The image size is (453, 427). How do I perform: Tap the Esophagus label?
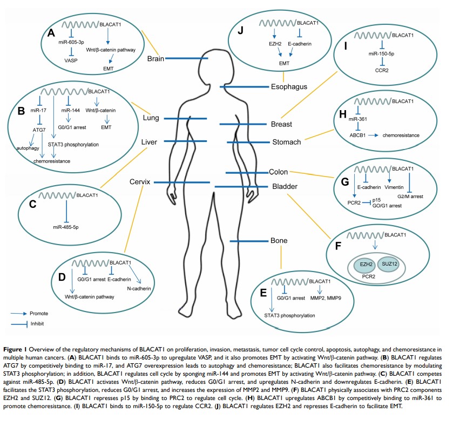click(289, 86)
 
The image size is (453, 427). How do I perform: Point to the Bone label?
click(279, 240)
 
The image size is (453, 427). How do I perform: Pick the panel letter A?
click(52, 33)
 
